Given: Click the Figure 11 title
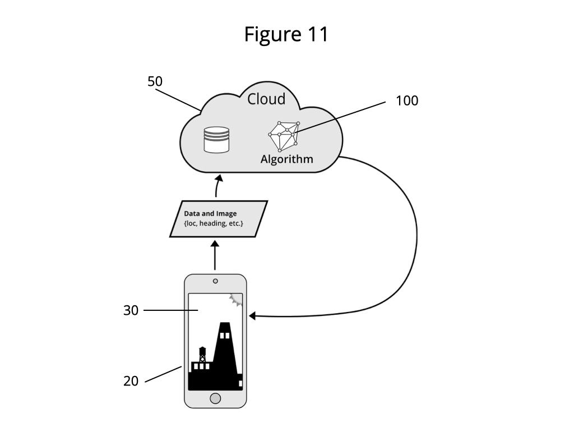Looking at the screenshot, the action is click(286, 34).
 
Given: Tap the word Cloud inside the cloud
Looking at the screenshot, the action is click(266, 99).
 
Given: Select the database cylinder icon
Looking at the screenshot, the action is click(217, 140).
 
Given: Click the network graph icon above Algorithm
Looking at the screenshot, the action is click(284, 136).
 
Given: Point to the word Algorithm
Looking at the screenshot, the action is click(286, 159).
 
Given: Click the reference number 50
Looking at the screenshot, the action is click(155, 81).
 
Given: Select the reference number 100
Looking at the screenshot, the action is click(407, 101).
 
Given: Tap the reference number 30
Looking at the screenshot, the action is click(131, 310).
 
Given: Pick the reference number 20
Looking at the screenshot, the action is click(131, 381).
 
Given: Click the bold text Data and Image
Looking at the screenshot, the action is click(210, 214).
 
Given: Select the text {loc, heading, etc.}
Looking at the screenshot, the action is click(214, 223).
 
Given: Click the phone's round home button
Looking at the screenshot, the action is click(215, 398).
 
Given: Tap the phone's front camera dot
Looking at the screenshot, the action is click(215, 281).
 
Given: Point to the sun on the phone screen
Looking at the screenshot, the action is click(237, 300).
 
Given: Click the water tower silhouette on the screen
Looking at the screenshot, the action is click(202, 355).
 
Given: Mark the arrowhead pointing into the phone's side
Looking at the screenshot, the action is click(252, 315).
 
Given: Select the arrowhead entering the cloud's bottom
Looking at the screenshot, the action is click(219, 178).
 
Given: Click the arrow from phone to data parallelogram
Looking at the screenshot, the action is click(215, 255).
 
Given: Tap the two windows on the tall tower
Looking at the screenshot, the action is click(224, 336).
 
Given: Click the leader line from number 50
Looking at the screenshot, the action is click(178, 100).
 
